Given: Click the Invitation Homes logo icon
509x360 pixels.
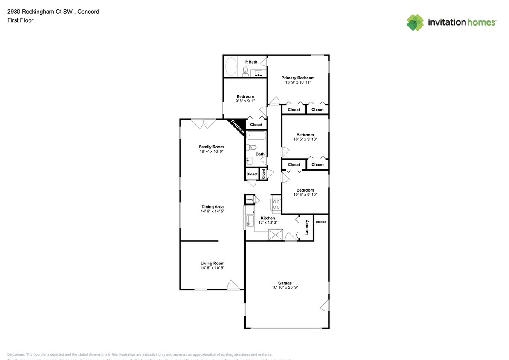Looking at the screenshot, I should (x=415, y=22).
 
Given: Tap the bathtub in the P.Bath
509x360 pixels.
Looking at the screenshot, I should (x=230, y=67).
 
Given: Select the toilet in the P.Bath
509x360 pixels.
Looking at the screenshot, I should (x=246, y=71).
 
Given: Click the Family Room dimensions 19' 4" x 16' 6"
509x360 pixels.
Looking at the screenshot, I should (x=211, y=151).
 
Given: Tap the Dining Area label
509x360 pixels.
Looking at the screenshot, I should (x=212, y=207).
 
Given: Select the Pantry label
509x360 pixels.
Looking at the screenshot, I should (x=249, y=199).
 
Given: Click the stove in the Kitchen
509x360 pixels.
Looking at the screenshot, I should (x=276, y=204).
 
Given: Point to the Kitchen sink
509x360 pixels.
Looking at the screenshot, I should (x=249, y=221).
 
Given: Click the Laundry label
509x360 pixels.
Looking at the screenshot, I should (x=307, y=227).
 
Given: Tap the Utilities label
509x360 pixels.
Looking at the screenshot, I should (x=321, y=222).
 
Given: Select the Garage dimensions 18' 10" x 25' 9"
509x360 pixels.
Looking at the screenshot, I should (x=285, y=287).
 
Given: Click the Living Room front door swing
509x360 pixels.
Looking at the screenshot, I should (x=233, y=285).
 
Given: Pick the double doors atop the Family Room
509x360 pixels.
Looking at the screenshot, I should (x=203, y=123).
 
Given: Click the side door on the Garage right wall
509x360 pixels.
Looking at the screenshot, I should (x=325, y=305).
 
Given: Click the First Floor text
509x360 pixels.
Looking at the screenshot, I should (x=20, y=20).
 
